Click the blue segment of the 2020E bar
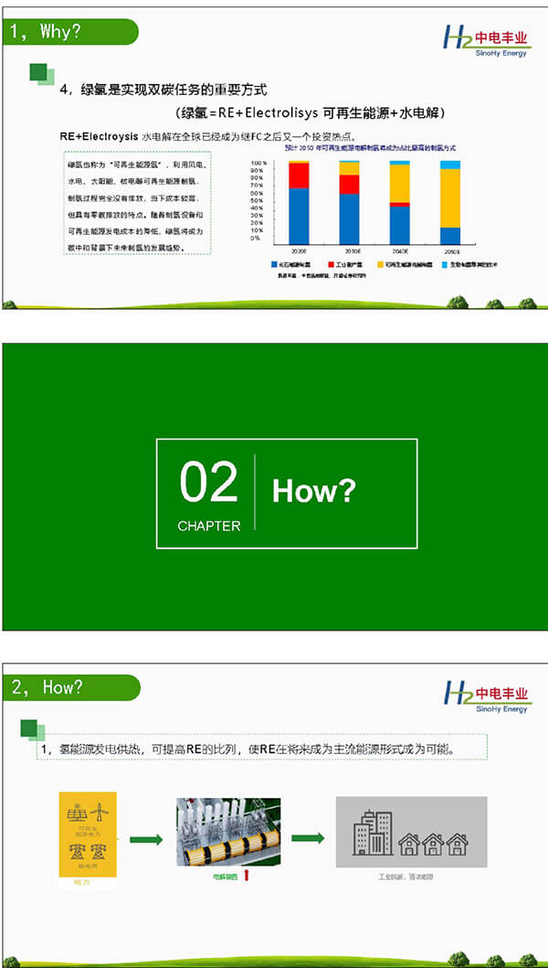(x=299, y=214)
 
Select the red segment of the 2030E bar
(x=350, y=184)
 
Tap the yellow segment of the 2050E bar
(x=450, y=197)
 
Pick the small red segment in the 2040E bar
(x=400, y=204)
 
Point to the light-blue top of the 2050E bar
(x=450, y=165)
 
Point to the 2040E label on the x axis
(x=400, y=250)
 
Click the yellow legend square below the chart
(x=381, y=264)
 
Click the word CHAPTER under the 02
(x=209, y=526)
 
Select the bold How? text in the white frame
(x=313, y=491)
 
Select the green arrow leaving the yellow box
(x=146, y=839)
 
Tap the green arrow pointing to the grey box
(x=307, y=838)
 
